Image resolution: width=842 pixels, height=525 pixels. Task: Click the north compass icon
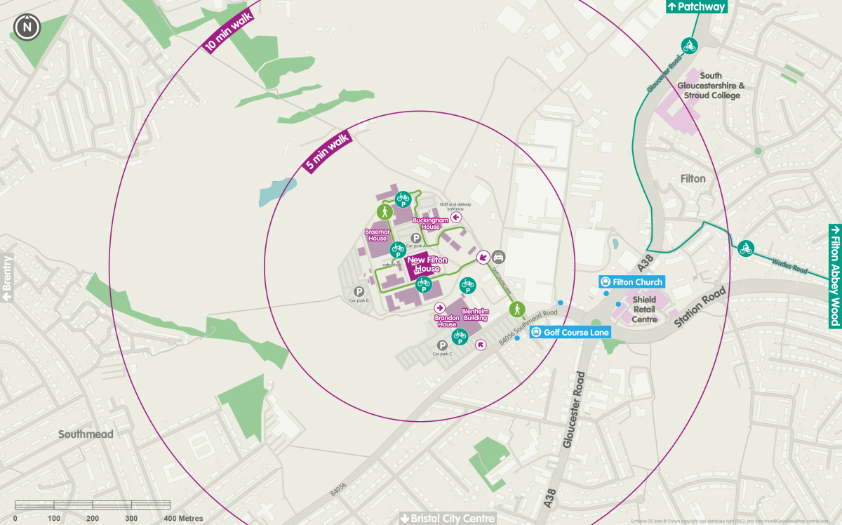(x=27, y=27)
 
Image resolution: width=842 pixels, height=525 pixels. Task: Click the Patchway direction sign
(x=695, y=7)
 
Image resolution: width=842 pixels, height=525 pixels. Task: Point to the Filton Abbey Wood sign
(x=834, y=276)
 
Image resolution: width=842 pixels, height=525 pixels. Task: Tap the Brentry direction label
(x=7, y=278)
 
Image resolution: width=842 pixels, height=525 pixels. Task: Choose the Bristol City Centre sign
(x=447, y=518)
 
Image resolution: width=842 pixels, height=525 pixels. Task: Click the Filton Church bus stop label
(x=631, y=282)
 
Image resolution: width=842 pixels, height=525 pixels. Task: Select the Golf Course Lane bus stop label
(x=571, y=332)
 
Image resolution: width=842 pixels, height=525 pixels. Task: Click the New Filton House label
(x=423, y=265)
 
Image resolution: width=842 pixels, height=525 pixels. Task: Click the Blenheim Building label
(x=474, y=314)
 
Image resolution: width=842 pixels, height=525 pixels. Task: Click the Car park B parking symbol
(x=359, y=291)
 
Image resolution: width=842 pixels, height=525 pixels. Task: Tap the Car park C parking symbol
(x=442, y=345)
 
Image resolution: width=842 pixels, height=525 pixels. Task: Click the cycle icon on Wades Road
(x=745, y=248)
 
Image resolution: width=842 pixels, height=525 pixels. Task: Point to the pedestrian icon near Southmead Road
(x=516, y=308)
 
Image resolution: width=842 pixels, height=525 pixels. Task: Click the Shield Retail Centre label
(x=644, y=310)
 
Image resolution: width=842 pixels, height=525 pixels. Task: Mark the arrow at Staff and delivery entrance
(x=456, y=218)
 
